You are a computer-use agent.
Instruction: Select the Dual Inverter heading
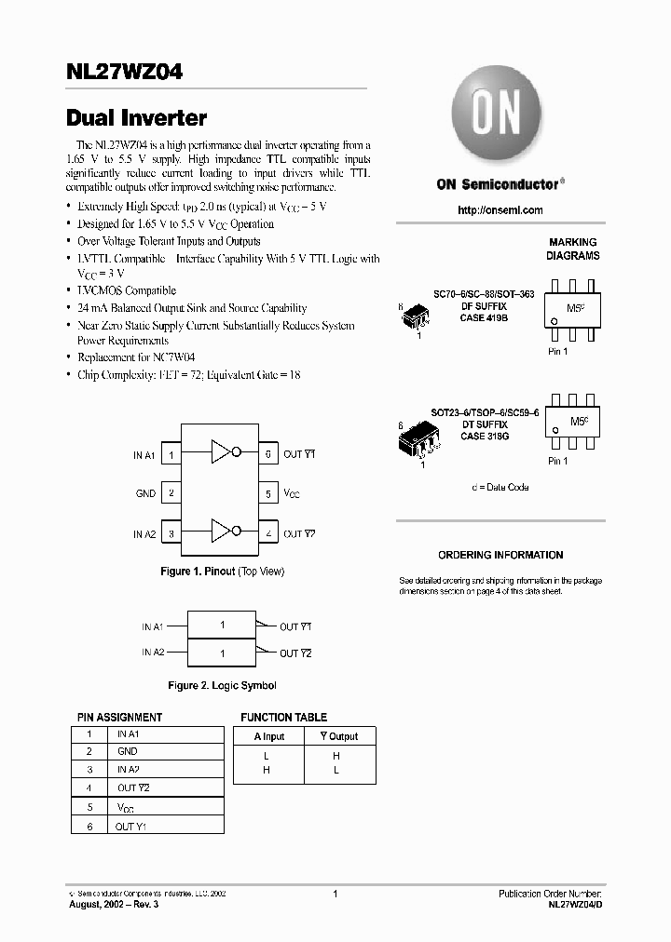(137, 118)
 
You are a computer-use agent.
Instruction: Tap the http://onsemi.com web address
(500, 210)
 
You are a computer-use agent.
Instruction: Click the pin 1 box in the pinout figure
(171, 454)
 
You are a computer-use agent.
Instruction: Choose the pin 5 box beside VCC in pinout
(268, 494)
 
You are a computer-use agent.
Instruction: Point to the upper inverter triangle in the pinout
(221, 453)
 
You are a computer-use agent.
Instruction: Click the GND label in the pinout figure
(145, 494)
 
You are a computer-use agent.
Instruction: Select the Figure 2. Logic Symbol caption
(222, 685)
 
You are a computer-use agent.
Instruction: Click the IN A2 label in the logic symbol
(153, 653)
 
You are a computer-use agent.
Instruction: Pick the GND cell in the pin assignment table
(128, 751)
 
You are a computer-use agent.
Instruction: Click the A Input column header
(269, 736)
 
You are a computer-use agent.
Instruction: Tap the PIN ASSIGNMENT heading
(119, 718)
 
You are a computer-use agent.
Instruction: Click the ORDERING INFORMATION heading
(500, 555)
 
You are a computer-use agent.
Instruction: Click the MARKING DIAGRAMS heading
(573, 249)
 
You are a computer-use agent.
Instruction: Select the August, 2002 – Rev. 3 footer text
(115, 904)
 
